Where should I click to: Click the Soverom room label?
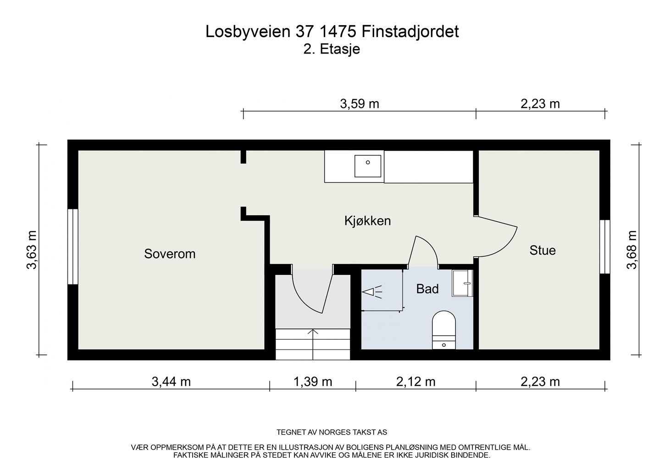[x=170, y=254]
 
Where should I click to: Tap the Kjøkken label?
[x=367, y=221]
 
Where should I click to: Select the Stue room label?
[x=542, y=251]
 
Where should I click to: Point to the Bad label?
[x=427, y=289]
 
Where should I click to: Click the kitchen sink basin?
[x=368, y=166]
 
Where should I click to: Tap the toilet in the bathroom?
[x=444, y=329]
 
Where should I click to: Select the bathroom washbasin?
[x=462, y=283]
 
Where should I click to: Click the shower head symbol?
[x=372, y=291]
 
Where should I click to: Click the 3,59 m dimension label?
[x=360, y=104]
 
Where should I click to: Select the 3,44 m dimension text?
[x=171, y=382]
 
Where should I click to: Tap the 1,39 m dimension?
[x=312, y=382]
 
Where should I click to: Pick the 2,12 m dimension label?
[x=415, y=382]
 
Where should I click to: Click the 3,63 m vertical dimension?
[x=31, y=250]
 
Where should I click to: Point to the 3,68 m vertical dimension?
[x=632, y=250]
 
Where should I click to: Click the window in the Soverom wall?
[x=73, y=247]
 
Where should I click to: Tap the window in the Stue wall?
[x=605, y=247]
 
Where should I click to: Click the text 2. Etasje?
[x=332, y=49]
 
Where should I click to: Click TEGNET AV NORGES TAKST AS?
[x=332, y=432]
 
